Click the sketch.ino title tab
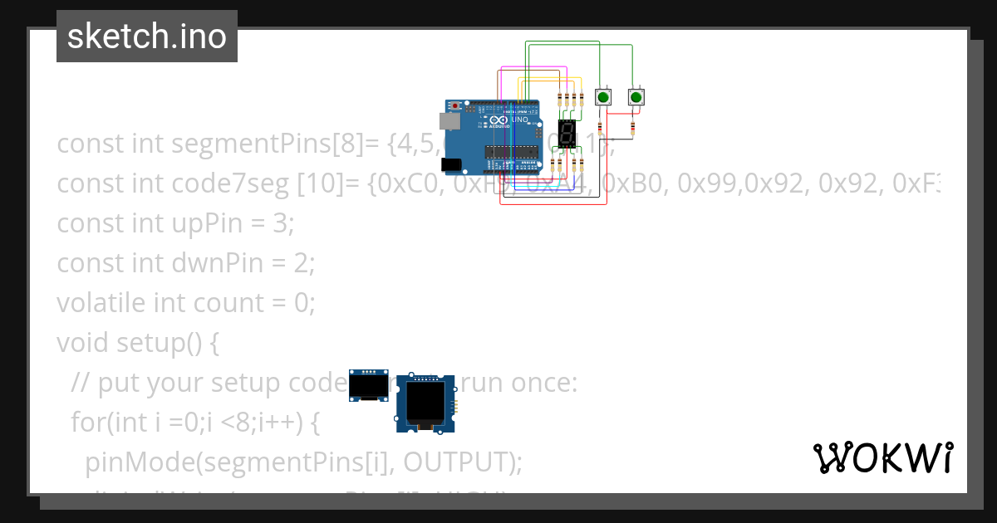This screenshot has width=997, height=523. tap(147, 37)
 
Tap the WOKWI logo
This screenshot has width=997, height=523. tap(882, 457)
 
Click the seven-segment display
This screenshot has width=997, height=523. tap(567, 134)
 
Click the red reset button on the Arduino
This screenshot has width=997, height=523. tap(455, 106)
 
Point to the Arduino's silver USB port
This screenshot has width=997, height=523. tap(449, 121)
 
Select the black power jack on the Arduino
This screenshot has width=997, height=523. tap(449, 164)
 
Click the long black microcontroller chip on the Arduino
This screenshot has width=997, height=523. tap(511, 152)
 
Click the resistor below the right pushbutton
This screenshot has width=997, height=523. tap(633, 128)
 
